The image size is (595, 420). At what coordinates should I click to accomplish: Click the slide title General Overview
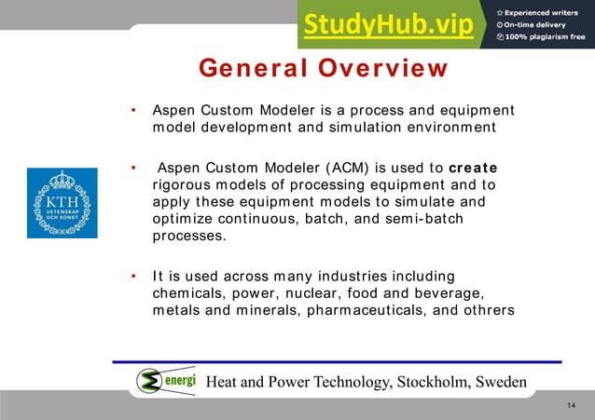pos(323,69)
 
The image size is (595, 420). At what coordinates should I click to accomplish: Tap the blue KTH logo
pos(62,203)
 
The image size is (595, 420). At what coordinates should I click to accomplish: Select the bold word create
pos(473,169)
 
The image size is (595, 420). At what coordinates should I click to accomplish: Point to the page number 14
pos(572,407)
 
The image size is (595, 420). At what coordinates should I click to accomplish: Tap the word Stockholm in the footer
pos(432,383)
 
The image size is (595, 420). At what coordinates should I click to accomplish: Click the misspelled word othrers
pos(485,310)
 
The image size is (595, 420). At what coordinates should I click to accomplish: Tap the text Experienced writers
pos(545,11)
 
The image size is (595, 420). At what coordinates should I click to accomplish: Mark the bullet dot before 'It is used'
pos(134,277)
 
